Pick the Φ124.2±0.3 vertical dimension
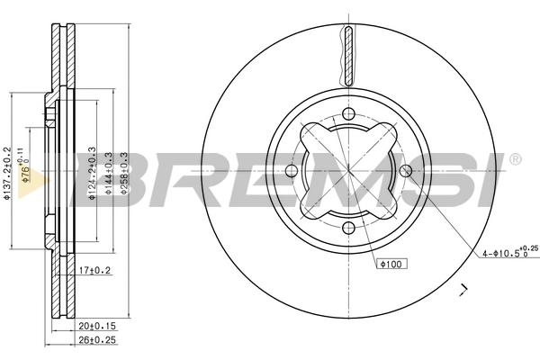[93, 170]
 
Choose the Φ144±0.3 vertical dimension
[110, 170]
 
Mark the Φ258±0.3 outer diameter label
[128, 170]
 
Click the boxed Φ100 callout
[388, 264]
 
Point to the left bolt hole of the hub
[292, 171]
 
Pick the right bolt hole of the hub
[406, 171]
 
